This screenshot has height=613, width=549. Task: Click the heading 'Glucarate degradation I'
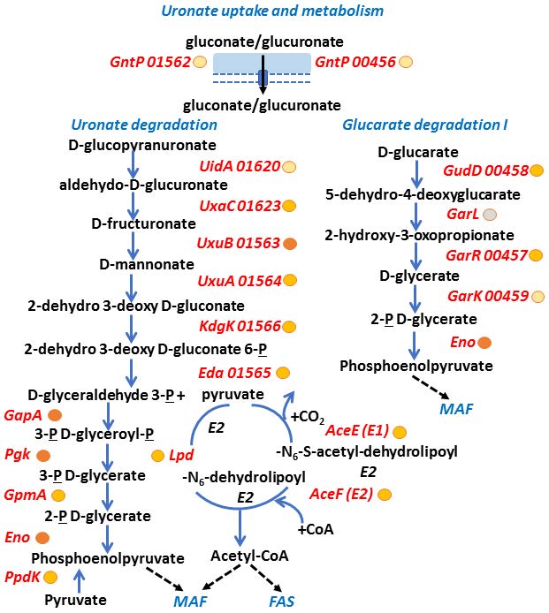coord(424,125)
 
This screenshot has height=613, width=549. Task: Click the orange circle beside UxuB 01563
coord(289,244)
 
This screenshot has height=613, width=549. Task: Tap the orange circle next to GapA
coord(55,415)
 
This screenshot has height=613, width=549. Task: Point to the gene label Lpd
coord(181,455)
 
